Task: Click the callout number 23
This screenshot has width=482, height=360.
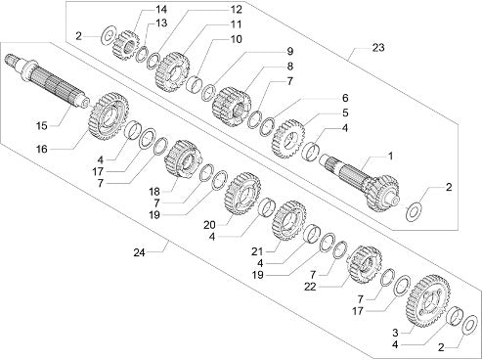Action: click(x=378, y=48)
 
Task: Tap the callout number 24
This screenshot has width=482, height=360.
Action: click(x=139, y=252)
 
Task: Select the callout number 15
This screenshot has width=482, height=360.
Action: click(x=42, y=125)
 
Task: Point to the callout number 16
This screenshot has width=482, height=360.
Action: click(x=42, y=150)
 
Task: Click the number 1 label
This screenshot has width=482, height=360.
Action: click(x=390, y=157)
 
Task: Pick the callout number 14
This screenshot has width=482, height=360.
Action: click(x=161, y=10)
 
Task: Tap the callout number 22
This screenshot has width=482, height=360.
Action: click(x=310, y=287)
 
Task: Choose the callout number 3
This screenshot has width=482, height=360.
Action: click(x=395, y=333)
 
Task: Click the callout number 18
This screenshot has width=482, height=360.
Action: click(x=154, y=191)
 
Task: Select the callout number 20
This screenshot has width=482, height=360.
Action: click(x=209, y=225)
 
